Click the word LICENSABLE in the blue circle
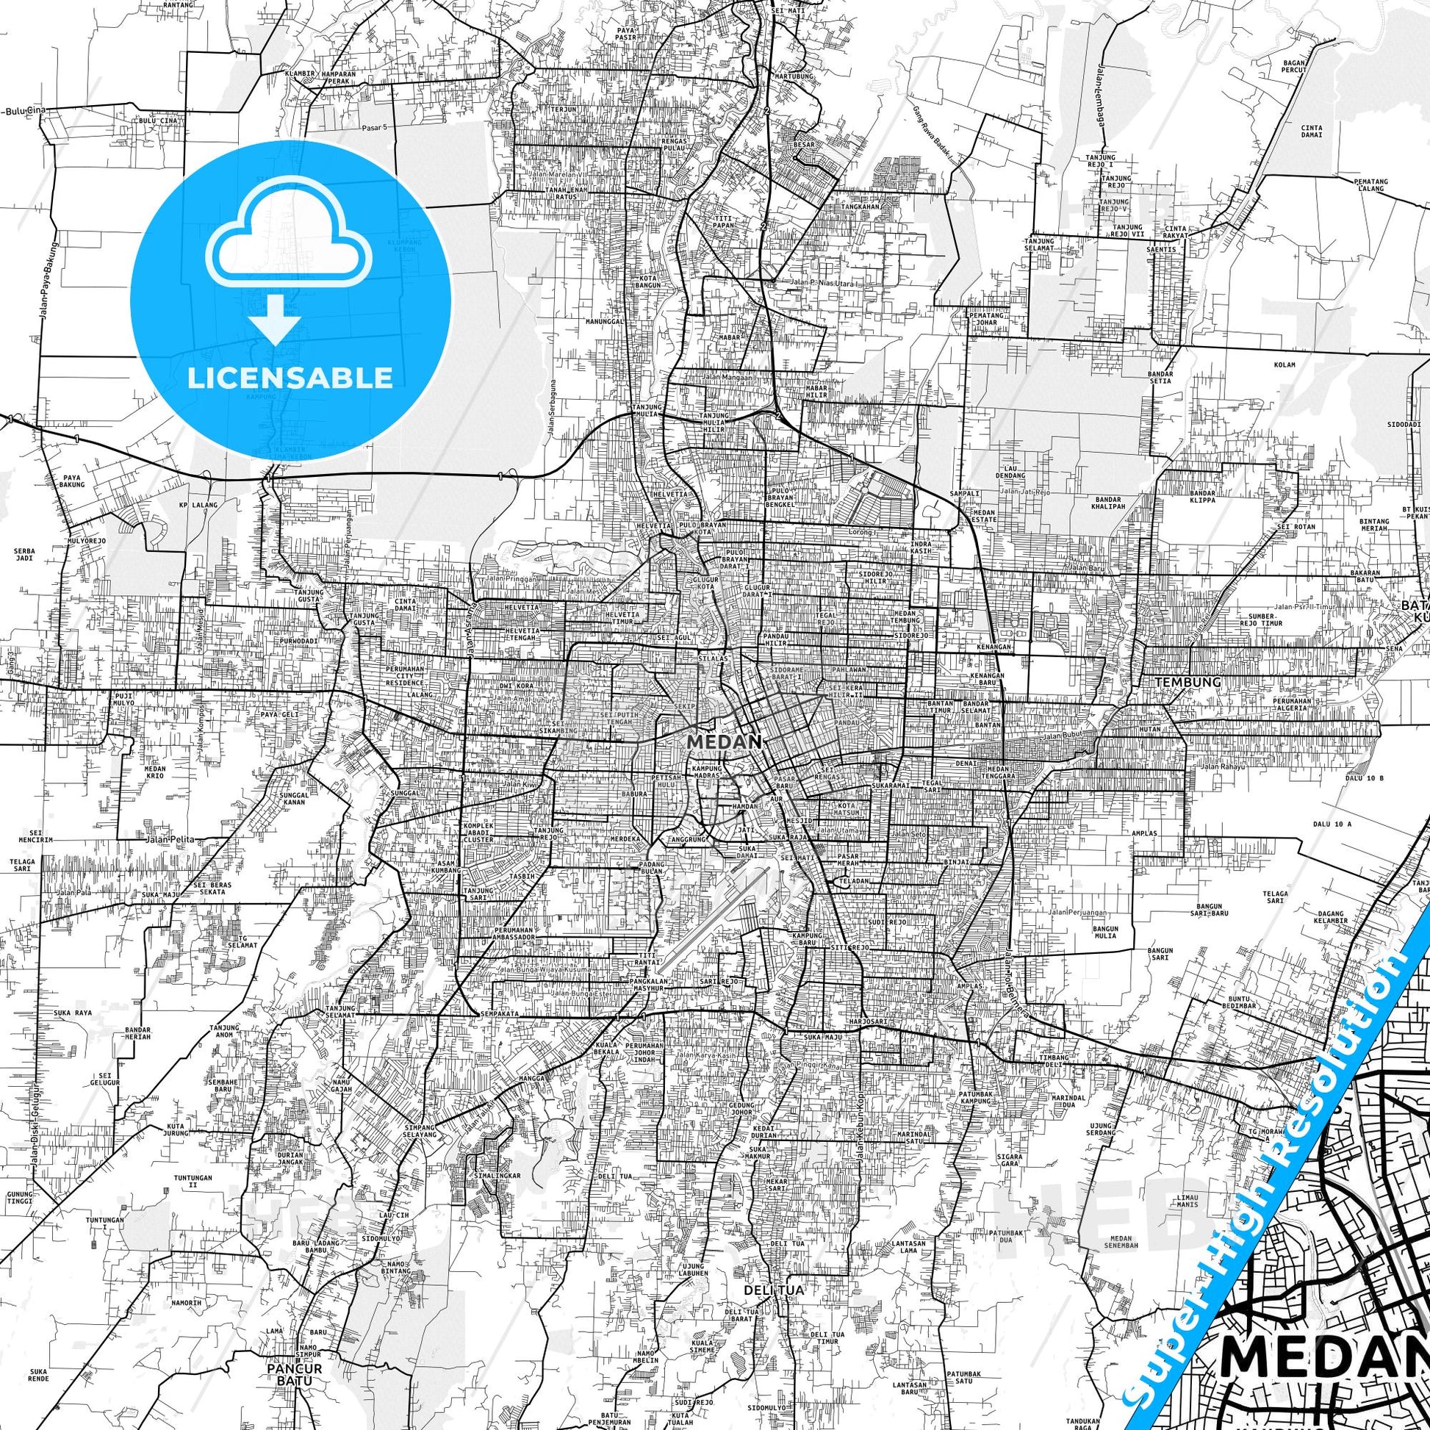tap(290, 378)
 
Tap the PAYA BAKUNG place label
tap(72, 481)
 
